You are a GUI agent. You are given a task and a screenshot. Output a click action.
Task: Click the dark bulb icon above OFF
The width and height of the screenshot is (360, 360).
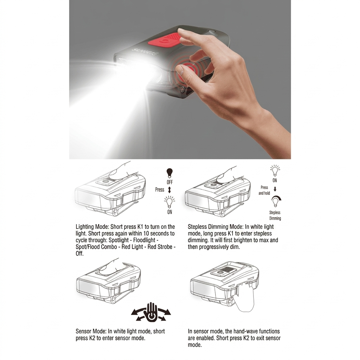tap(169, 173)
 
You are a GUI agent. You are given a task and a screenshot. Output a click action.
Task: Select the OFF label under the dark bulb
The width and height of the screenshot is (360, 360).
tap(170, 182)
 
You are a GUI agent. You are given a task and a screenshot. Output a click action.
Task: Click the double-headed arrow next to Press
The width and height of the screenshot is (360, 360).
tap(169, 190)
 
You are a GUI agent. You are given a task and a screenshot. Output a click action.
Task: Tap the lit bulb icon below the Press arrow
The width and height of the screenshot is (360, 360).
tap(169, 202)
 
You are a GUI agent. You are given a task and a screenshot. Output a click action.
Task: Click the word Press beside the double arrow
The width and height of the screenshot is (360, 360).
tap(160, 189)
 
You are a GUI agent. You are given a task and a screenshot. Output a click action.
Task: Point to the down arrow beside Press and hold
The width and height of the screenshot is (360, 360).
tap(275, 189)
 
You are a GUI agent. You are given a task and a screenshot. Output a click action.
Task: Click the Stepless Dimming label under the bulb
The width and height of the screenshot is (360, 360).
tap(275, 216)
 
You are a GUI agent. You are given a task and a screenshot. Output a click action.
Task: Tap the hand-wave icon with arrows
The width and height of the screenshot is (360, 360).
tap(151, 312)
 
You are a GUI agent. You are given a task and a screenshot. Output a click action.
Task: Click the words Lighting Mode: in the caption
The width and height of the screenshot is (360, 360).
tap(92, 227)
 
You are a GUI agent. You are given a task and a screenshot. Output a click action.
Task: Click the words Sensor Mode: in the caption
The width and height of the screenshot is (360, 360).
tap(91, 331)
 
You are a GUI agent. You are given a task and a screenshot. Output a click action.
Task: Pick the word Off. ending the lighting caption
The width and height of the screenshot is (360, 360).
tap(79, 253)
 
